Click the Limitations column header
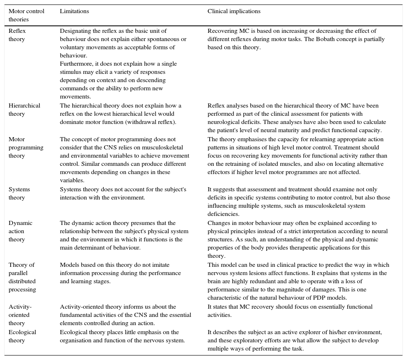74,11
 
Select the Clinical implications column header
234,11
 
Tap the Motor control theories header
26,15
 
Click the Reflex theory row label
17,35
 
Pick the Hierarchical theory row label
24,110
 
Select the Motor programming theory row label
26,147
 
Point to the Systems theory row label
19,193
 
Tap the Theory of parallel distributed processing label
22,277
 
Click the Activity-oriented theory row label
20,315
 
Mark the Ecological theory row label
22,336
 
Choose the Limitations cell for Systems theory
123,193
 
